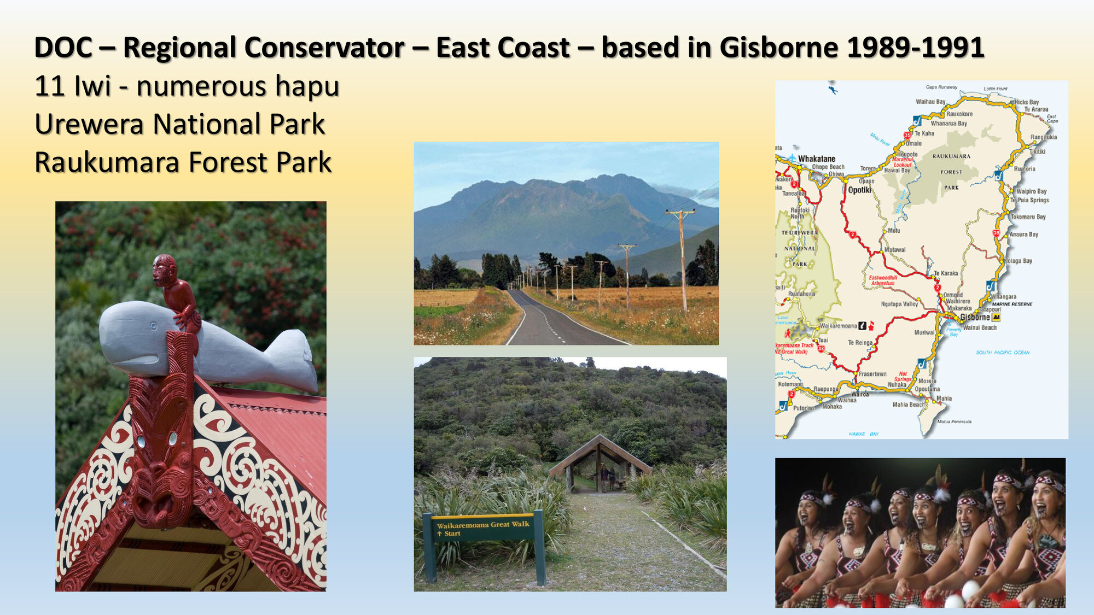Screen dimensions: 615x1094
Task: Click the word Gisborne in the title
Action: (778, 47)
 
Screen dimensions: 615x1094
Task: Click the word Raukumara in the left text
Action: (107, 162)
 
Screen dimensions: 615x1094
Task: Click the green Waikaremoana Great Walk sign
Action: (482, 528)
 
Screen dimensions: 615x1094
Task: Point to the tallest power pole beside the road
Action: (682, 257)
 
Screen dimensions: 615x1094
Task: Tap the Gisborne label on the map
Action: (975, 317)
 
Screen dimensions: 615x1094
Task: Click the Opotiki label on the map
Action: (859, 190)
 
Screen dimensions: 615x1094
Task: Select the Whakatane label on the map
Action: (816, 159)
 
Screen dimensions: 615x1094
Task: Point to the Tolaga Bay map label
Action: (1019, 261)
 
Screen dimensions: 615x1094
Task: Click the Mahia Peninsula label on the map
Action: (954, 421)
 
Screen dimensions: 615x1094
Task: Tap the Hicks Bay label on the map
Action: (1027, 102)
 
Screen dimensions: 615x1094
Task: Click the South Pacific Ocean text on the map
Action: (1002, 353)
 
